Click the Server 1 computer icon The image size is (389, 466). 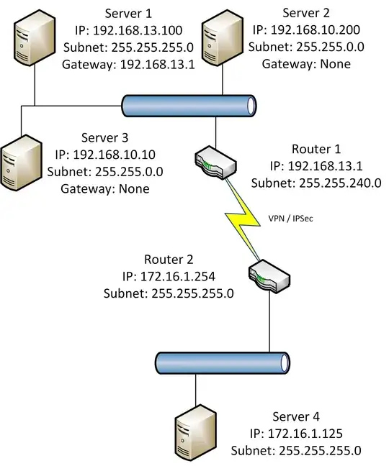[x=34, y=42]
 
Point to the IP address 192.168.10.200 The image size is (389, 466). [x=305, y=31]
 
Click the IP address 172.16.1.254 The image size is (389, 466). [x=176, y=275]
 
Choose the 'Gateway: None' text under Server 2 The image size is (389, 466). [x=305, y=64]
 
